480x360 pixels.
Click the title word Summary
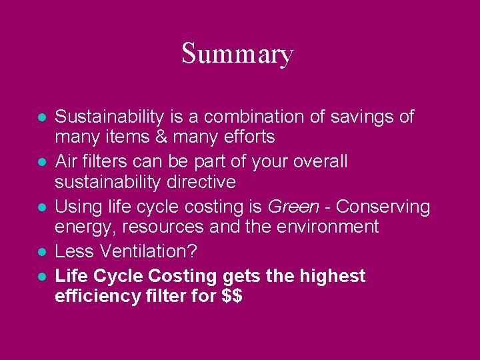coord(237,53)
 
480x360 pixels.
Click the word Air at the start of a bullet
coord(67,162)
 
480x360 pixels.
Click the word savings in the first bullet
coord(365,117)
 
